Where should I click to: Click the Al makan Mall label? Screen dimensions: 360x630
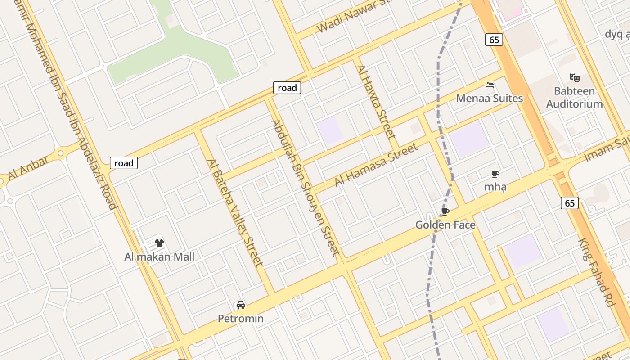point(159,257)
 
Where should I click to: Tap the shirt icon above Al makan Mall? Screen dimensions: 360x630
point(159,243)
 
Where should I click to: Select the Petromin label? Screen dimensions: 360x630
point(241,319)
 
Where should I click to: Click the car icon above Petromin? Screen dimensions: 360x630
point(241,305)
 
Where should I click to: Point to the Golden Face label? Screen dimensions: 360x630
point(445,225)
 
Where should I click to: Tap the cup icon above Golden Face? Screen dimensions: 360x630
point(445,211)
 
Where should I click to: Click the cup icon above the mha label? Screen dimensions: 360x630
point(495,174)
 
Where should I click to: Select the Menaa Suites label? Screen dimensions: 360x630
point(490,98)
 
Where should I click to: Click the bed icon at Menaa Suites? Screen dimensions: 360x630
point(490,85)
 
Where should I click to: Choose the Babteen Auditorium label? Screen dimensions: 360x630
point(574,97)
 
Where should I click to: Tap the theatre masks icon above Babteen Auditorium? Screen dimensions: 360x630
point(574,77)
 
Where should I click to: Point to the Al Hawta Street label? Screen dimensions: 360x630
point(375,102)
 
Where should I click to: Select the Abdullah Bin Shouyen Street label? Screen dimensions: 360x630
point(305,187)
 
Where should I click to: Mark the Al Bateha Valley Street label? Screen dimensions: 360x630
point(234,212)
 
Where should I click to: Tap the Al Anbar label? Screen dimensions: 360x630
point(28,167)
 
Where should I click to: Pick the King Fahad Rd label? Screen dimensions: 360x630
point(596,272)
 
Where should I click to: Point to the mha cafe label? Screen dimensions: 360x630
point(495,187)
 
